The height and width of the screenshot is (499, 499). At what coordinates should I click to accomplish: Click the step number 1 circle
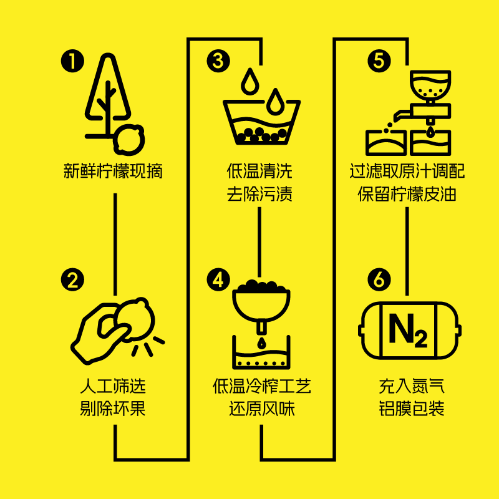(72, 61)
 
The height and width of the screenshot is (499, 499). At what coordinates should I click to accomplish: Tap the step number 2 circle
(72, 280)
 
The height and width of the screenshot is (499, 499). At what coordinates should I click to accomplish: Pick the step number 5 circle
(379, 61)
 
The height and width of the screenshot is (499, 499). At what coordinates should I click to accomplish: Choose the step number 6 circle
(379, 280)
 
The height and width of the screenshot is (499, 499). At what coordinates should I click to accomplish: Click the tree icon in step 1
(107, 97)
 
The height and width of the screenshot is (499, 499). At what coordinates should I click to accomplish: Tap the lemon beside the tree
(129, 138)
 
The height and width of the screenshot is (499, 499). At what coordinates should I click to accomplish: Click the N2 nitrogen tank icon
(409, 331)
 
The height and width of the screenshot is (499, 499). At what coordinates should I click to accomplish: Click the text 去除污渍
(259, 194)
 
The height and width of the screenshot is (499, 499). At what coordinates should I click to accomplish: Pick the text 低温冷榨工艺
(261, 387)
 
